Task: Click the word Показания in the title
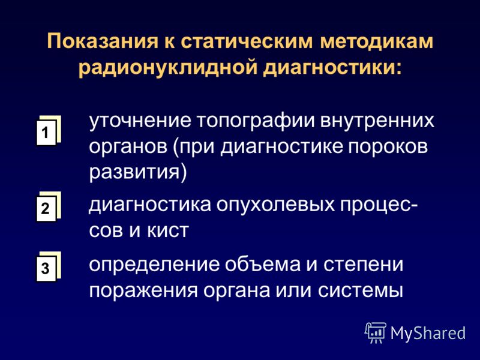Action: pos(102,41)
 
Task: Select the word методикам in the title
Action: pos(377,41)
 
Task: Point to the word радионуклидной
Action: pos(168,67)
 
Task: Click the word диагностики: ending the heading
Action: pos(332,67)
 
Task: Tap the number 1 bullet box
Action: pos(48,131)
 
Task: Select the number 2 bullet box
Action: pos(48,207)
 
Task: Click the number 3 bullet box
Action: pos(48,267)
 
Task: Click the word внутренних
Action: pos(377,121)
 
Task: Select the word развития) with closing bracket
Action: pos(138,173)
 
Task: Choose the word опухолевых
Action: pos(275,206)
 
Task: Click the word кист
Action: pos(167,231)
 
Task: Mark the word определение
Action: pos(154,265)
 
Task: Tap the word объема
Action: pos(263,264)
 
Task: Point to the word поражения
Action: pos(143,290)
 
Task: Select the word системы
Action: pos(361,290)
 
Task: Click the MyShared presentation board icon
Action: pos(376,332)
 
